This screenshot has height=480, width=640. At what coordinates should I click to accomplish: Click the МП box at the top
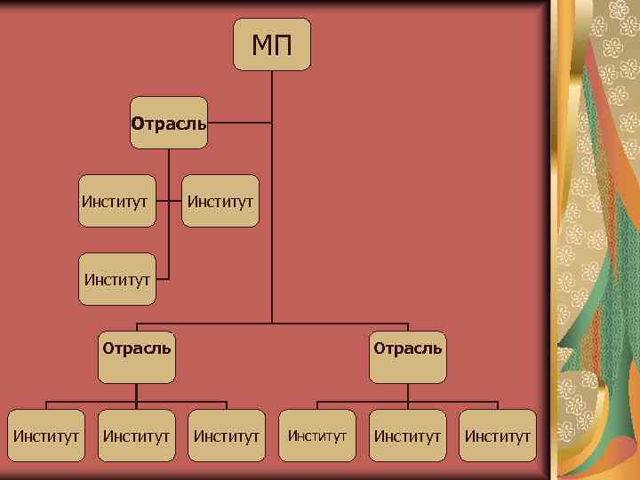tap(272, 44)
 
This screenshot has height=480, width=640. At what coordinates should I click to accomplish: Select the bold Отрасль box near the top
tap(169, 123)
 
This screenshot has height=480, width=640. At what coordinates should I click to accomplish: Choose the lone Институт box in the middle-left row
tap(119, 280)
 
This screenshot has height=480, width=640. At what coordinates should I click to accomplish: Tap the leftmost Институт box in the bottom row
tap(47, 436)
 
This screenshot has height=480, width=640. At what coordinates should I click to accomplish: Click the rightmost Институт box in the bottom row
tap(498, 436)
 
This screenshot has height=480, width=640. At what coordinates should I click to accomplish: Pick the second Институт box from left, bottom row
tap(137, 436)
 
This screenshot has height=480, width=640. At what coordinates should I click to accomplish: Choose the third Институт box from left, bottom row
tap(227, 436)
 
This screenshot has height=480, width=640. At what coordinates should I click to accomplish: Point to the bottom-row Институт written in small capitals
tap(317, 436)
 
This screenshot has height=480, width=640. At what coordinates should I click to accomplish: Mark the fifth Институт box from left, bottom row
tap(407, 436)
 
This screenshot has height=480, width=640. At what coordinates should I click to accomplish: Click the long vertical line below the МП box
tap(272, 222)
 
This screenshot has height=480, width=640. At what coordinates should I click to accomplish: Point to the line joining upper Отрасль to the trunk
tap(240, 123)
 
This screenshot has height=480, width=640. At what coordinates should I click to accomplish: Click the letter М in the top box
tap(261, 44)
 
